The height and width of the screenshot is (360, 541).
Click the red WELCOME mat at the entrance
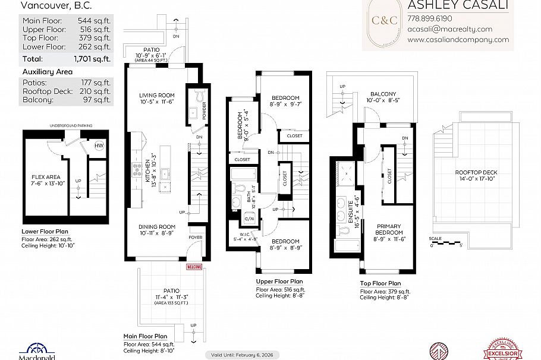(194, 267)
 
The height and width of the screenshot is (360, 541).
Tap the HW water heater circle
(99, 146)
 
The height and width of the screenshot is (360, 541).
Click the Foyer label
(195, 237)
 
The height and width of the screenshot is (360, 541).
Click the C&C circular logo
(385, 20)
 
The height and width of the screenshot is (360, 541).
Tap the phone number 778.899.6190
(429, 18)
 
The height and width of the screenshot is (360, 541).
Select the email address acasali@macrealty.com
(449, 29)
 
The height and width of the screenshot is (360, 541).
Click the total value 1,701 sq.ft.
(92, 59)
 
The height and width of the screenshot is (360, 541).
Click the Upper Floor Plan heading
(279, 281)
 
